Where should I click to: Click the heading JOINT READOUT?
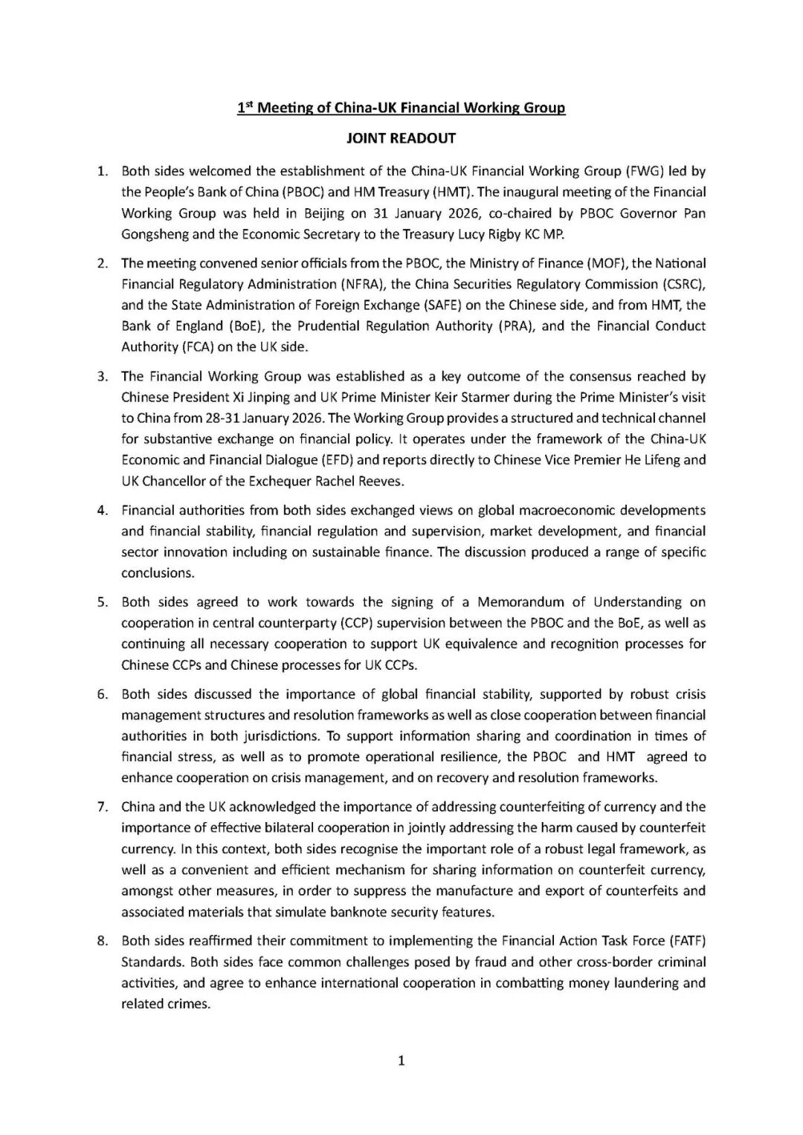pos(401,138)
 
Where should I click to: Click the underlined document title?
pos(401,108)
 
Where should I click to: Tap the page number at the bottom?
pos(401,1061)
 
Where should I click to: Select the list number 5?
pos(103,602)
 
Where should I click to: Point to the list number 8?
pos(103,941)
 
